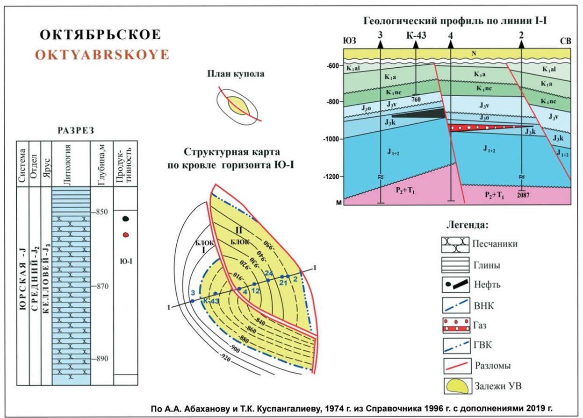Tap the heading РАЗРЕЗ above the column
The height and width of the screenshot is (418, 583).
[x=76, y=130]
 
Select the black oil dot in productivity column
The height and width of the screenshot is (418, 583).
[x=125, y=219]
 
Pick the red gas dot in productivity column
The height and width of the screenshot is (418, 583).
[x=125, y=234]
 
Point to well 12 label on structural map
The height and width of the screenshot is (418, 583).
[x=255, y=291]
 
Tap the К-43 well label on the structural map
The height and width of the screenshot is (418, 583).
[x=211, y=301]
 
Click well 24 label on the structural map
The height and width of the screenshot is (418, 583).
[x=268, y=273]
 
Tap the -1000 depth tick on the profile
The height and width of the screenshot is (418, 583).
[x=332, y=139]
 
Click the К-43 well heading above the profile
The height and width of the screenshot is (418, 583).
[x=416, y=36]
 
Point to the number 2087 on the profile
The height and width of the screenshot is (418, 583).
[x=523, y=196]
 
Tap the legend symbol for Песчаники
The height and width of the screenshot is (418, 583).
[x=455, y=244]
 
